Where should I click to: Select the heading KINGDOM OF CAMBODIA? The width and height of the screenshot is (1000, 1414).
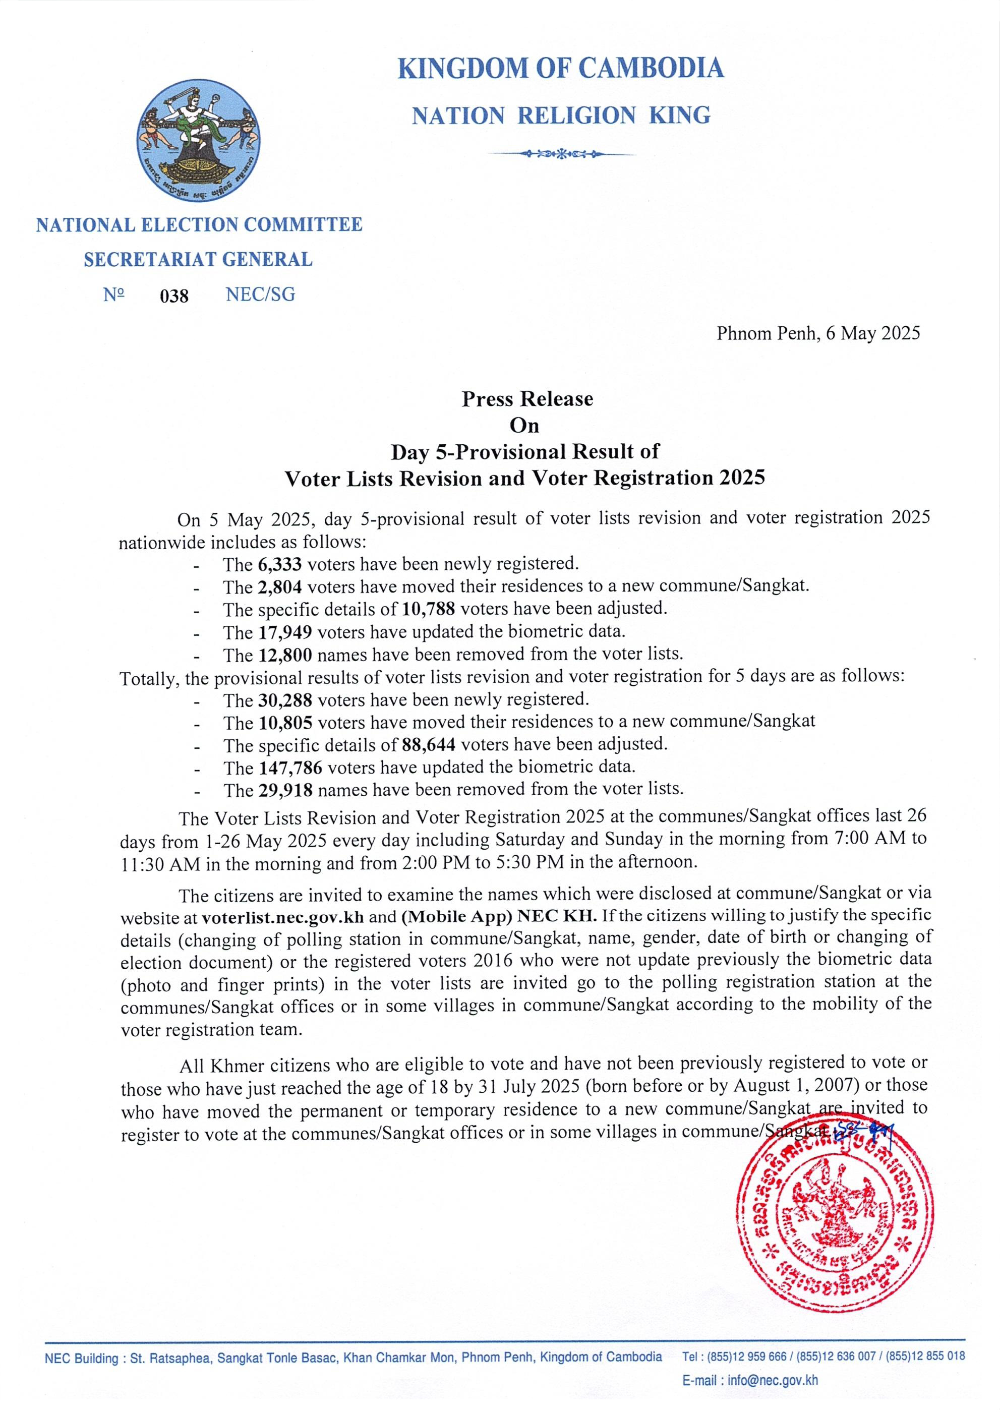560,68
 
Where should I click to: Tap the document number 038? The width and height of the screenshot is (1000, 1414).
174,296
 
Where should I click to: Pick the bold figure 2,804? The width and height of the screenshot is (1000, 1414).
280,587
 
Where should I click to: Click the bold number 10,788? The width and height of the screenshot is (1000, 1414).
429,609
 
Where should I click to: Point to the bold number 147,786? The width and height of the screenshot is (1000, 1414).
289,768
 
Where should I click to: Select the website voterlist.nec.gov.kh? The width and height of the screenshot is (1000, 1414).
282,916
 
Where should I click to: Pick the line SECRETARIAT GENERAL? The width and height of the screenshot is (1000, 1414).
198,259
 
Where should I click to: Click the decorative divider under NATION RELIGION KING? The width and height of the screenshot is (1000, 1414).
560,153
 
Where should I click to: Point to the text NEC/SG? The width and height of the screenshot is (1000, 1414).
261,294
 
